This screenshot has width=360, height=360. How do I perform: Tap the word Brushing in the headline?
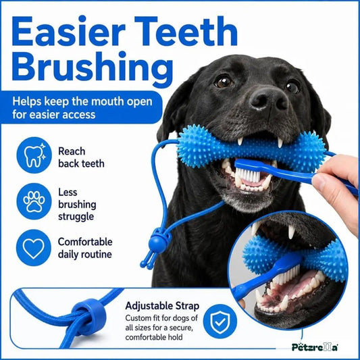pyautogui.click(x=93, y=68)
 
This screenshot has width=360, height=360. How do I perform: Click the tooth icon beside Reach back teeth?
pyautogui.click(x=34, y=155)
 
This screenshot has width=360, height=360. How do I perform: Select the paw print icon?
pyautogui.click(x=34, y=201)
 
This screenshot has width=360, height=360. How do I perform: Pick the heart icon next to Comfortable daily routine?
pyautogui.click(x=34, y=248)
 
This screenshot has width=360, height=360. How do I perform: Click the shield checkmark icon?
pyautogui.click(x=220, y=322)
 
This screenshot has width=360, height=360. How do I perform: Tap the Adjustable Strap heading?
pyautogui.click(x=162, y=307)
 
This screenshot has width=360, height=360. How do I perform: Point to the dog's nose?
pyautogui.click(x=268, y=99)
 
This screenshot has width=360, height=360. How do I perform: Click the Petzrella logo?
pyautogui.click(x=315, y=346)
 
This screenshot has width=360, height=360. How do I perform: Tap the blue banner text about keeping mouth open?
pyautogui.click(x=82, y=107)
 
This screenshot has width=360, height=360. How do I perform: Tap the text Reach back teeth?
pyautogui.click(x=81, y=157)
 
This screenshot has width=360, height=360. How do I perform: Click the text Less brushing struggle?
pyautogui.click(x=77, y=205)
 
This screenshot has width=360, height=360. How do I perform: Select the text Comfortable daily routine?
pyautogui.click(x=85, y=248)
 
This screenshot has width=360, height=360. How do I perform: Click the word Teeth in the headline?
pyautogui.click(x=186, y=31)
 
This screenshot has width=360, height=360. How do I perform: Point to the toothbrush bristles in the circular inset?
pyautogui.click(x=288, y=275)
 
